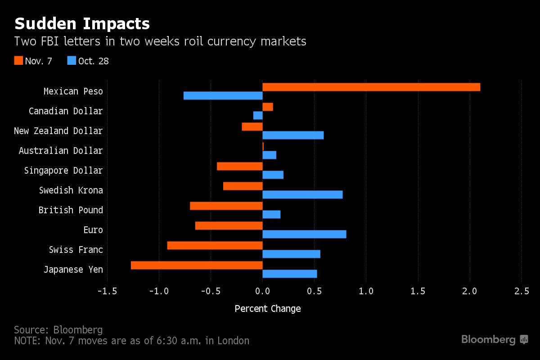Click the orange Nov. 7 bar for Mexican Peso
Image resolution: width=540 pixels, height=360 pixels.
click(x=371, y=87)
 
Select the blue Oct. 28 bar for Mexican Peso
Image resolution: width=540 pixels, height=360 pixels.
click(x=223, y=95)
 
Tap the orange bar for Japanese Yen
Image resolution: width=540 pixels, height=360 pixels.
click(x=197, y=265)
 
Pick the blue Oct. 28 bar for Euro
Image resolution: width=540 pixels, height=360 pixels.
click(x=304, y=234)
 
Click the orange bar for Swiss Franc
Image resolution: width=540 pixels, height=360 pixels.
click(x=215, y=245)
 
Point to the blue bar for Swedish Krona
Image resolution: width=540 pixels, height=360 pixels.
click(x=302, y=194)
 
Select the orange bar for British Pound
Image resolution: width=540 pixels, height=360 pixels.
click(x=226, y=206)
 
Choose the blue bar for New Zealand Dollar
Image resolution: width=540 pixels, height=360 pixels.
click(x=293, y=135)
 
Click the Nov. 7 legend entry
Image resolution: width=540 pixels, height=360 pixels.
click(x=33, y=61)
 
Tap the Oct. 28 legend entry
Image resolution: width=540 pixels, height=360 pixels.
click(x=88, y=61)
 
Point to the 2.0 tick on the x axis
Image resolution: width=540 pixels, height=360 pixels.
click(x=470, y=291)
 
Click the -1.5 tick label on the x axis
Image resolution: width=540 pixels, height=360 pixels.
click(x=107, y=291)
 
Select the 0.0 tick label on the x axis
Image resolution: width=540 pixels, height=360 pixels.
click(x=262, y=291)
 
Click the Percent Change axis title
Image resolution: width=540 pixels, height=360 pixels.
click(x=268, y=309)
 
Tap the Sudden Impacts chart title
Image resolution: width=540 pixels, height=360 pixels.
click(x=82, y=23)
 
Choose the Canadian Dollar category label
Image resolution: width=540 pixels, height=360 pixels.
click(x=66, y=111)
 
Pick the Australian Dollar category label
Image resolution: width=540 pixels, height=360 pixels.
click(x=61, y=150)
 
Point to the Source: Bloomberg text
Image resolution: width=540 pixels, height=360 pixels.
click(x=58, y=329)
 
